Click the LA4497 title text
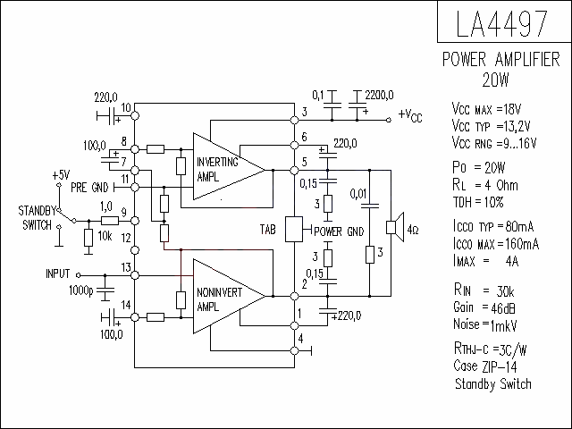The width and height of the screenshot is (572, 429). pos(501,23)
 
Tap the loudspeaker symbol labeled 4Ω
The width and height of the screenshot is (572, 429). pos(395,227)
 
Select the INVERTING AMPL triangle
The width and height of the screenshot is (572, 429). pos(229,166)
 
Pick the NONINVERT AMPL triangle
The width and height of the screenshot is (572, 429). pos(229,296)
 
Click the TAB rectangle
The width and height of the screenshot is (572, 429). pos(294,229)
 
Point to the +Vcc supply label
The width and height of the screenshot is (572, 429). pos(410,116)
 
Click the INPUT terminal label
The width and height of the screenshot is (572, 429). pos(57,273)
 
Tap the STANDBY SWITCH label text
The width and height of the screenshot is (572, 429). pos(38,218)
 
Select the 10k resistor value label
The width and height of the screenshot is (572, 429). pos(105,236)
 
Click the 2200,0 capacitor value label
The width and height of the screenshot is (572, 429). pos(379,96)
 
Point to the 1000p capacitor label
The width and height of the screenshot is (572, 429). pos(81,290)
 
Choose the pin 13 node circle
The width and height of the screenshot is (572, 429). pos(135,275)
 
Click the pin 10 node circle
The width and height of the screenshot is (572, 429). pos(135,116)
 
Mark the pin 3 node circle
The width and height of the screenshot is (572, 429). pos(294,120)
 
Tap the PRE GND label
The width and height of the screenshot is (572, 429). pos(89,188)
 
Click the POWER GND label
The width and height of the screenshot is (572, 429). pos(339,231)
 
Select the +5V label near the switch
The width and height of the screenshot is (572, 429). pos(61,175)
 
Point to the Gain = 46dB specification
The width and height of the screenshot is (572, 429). pos(484,307)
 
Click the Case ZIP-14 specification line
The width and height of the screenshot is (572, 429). pos(485,366)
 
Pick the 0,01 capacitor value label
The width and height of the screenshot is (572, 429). pos(357,194)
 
